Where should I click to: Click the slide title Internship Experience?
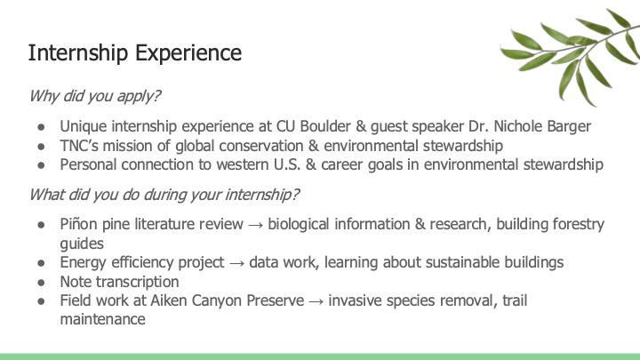pyautogui.click(x=134, y=52)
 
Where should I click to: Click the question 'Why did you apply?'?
pyautogui.click(x=95, y=96)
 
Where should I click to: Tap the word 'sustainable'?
pyautogui.click(x=460, y=262)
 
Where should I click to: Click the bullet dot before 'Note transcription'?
pyautogui.click(x=41, y=281)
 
